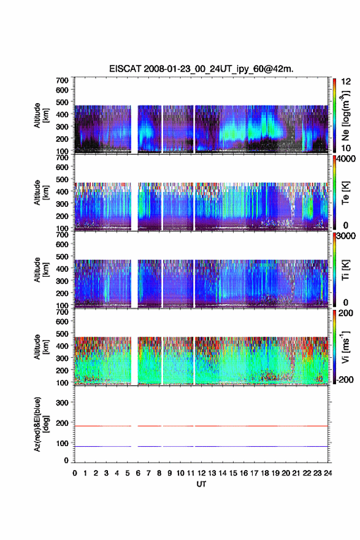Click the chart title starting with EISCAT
click(201, 69)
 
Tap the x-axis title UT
click(201, 484)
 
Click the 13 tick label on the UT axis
click(212, 473)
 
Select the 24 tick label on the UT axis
click(328, 473)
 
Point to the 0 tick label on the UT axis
click(75, 473)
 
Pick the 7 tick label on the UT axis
click(148, 473)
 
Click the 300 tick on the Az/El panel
click(62, 403)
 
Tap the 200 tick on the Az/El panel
click(62, 423)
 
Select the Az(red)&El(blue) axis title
click(41, 424)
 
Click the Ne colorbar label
click(346, 116)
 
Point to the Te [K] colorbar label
click(345, 193)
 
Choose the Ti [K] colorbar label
click(345, 270)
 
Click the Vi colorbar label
click(345, 347)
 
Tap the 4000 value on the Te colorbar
click(347, 159)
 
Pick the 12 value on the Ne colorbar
click(347, 82)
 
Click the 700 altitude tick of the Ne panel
click(62, 80)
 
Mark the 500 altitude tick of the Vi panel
click(62, 333)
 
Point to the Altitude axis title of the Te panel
click(41, 193)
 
